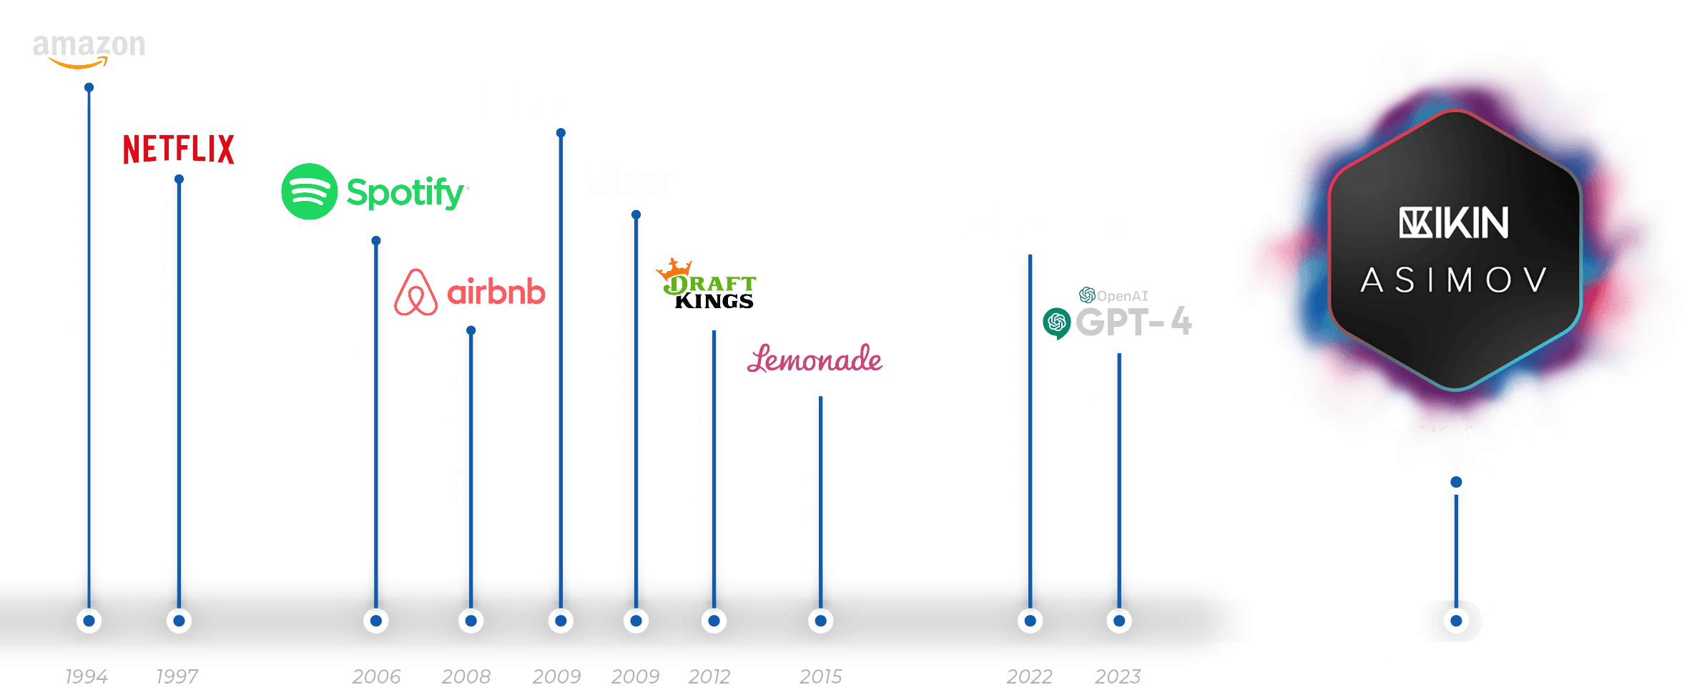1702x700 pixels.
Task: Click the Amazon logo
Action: coord(89,50)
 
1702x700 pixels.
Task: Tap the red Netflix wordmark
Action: coord(179,149)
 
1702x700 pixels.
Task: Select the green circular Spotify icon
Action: coord(309,192)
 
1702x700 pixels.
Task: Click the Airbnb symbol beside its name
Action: coord(415,292)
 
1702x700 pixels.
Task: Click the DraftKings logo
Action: coord(708,285)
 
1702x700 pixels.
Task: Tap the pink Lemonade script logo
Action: coord(815,359)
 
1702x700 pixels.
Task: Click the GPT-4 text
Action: coord(1133,322)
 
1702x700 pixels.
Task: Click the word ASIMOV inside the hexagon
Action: coord(1455,280)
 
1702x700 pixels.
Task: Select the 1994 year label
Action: coord(87,676)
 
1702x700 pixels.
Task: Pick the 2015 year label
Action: coord(821,676)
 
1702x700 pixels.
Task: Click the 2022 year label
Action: coord(1029,676)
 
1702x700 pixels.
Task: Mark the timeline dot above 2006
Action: coord(376,621)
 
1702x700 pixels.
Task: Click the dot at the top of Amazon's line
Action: coord(89,88)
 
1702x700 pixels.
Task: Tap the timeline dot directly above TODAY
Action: coord(1456,621)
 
